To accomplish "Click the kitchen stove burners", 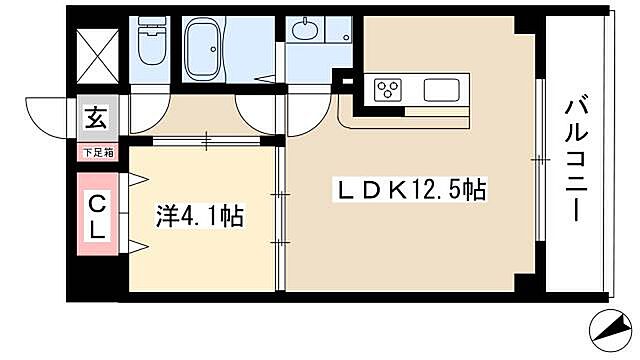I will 387,89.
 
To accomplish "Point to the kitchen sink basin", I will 441,90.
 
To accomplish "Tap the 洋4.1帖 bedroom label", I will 199,216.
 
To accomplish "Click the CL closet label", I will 99,216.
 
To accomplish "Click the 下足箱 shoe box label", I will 98,151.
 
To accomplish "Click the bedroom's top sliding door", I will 204,141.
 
